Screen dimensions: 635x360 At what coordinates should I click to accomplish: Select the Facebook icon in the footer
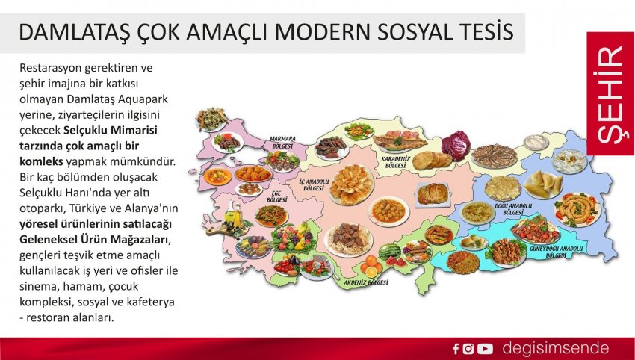[456, 349]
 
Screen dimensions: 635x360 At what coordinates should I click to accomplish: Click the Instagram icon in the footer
[468, 349]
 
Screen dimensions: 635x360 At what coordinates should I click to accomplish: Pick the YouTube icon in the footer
[485, 349]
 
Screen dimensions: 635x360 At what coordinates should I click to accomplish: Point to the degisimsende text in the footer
[556, 348]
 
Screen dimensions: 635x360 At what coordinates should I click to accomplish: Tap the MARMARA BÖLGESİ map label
[282, 142]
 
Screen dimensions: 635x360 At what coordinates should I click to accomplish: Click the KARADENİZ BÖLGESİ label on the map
[396, 162]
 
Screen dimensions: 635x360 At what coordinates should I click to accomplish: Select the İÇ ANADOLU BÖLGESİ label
[314, 185]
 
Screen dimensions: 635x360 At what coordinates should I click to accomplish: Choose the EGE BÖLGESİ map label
[277, 197]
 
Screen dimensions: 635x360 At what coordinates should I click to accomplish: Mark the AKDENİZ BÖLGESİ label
[366, 282]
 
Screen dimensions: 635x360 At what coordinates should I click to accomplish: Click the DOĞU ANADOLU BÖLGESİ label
[513, 209]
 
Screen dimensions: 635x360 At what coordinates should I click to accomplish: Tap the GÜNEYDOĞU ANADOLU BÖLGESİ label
[556, 252]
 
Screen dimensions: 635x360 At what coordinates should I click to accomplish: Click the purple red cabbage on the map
[456, 146]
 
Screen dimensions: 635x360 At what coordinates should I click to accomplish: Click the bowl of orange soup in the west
[218, 176]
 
